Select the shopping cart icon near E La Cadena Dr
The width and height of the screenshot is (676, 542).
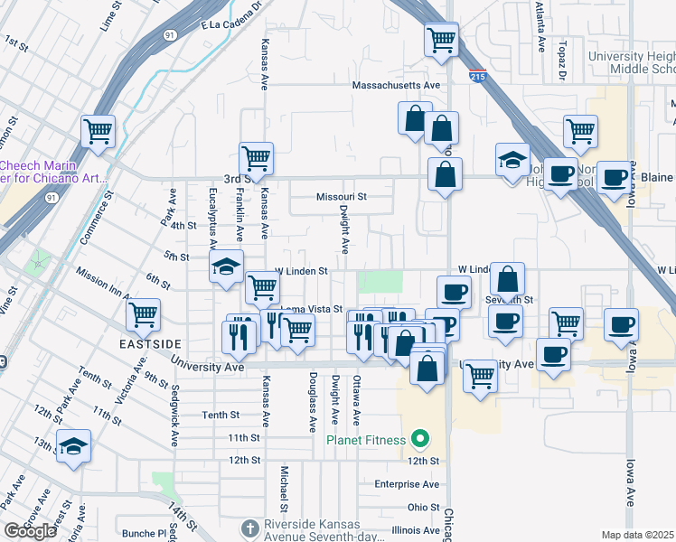(x=440, y=39)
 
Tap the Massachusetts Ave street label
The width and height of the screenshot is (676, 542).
(x=395, y=86)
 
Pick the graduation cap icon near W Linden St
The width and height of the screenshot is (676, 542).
(x=226, y=266)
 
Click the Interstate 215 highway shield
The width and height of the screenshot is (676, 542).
(x=476, y=78)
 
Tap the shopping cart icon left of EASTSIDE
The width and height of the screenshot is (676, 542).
(x=143, y=314)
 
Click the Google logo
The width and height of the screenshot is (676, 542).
(x=30, y=530)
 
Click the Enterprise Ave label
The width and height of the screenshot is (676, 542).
(x=407, y=484)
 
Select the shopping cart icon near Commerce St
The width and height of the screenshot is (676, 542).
(x=98, y=130)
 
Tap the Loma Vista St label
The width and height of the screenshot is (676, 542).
(x=311, y=309)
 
